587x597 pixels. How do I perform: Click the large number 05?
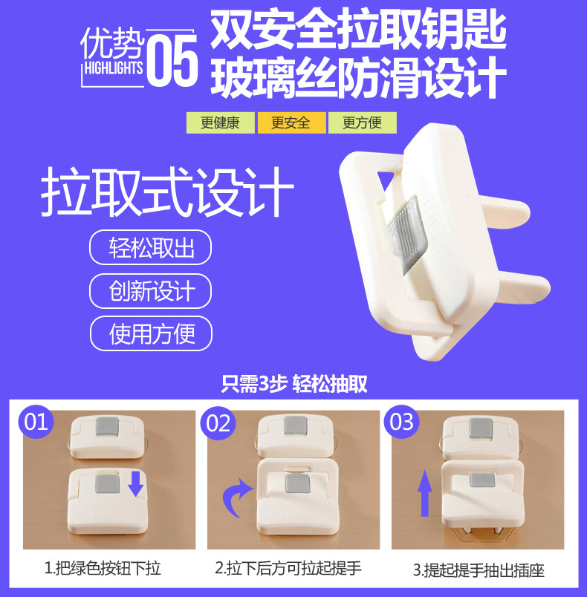[x=172, y=60]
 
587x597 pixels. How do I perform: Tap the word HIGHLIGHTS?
[x=114, y=68]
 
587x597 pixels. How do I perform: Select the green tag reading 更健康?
[x=220, y=123]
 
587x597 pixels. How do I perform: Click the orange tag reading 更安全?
[x=291, y=123]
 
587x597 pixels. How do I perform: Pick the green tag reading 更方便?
[x=363, y=123]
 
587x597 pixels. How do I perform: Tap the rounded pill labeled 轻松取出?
[x=150, y=247]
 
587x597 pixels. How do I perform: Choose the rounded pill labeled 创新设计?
[x=150, y=291]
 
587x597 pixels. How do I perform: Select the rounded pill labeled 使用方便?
[x=151, y=333]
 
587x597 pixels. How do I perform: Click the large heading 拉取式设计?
[x=167, y=192]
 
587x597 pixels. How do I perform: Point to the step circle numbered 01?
[x=36, y=423]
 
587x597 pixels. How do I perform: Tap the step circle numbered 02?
[x=218, y=423]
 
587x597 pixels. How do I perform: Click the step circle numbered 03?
[x=401, y=422]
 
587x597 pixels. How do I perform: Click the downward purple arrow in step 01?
[x=136, y=483]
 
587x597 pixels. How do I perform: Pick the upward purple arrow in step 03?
[x=425, y=493]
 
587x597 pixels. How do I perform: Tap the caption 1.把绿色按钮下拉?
[x=103, y=569]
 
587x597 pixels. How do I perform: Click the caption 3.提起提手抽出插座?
[x=479, y=570]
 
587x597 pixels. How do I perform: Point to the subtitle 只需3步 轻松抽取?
[x=294, y=384]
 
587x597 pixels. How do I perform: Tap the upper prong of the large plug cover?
[x=504, y=213]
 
